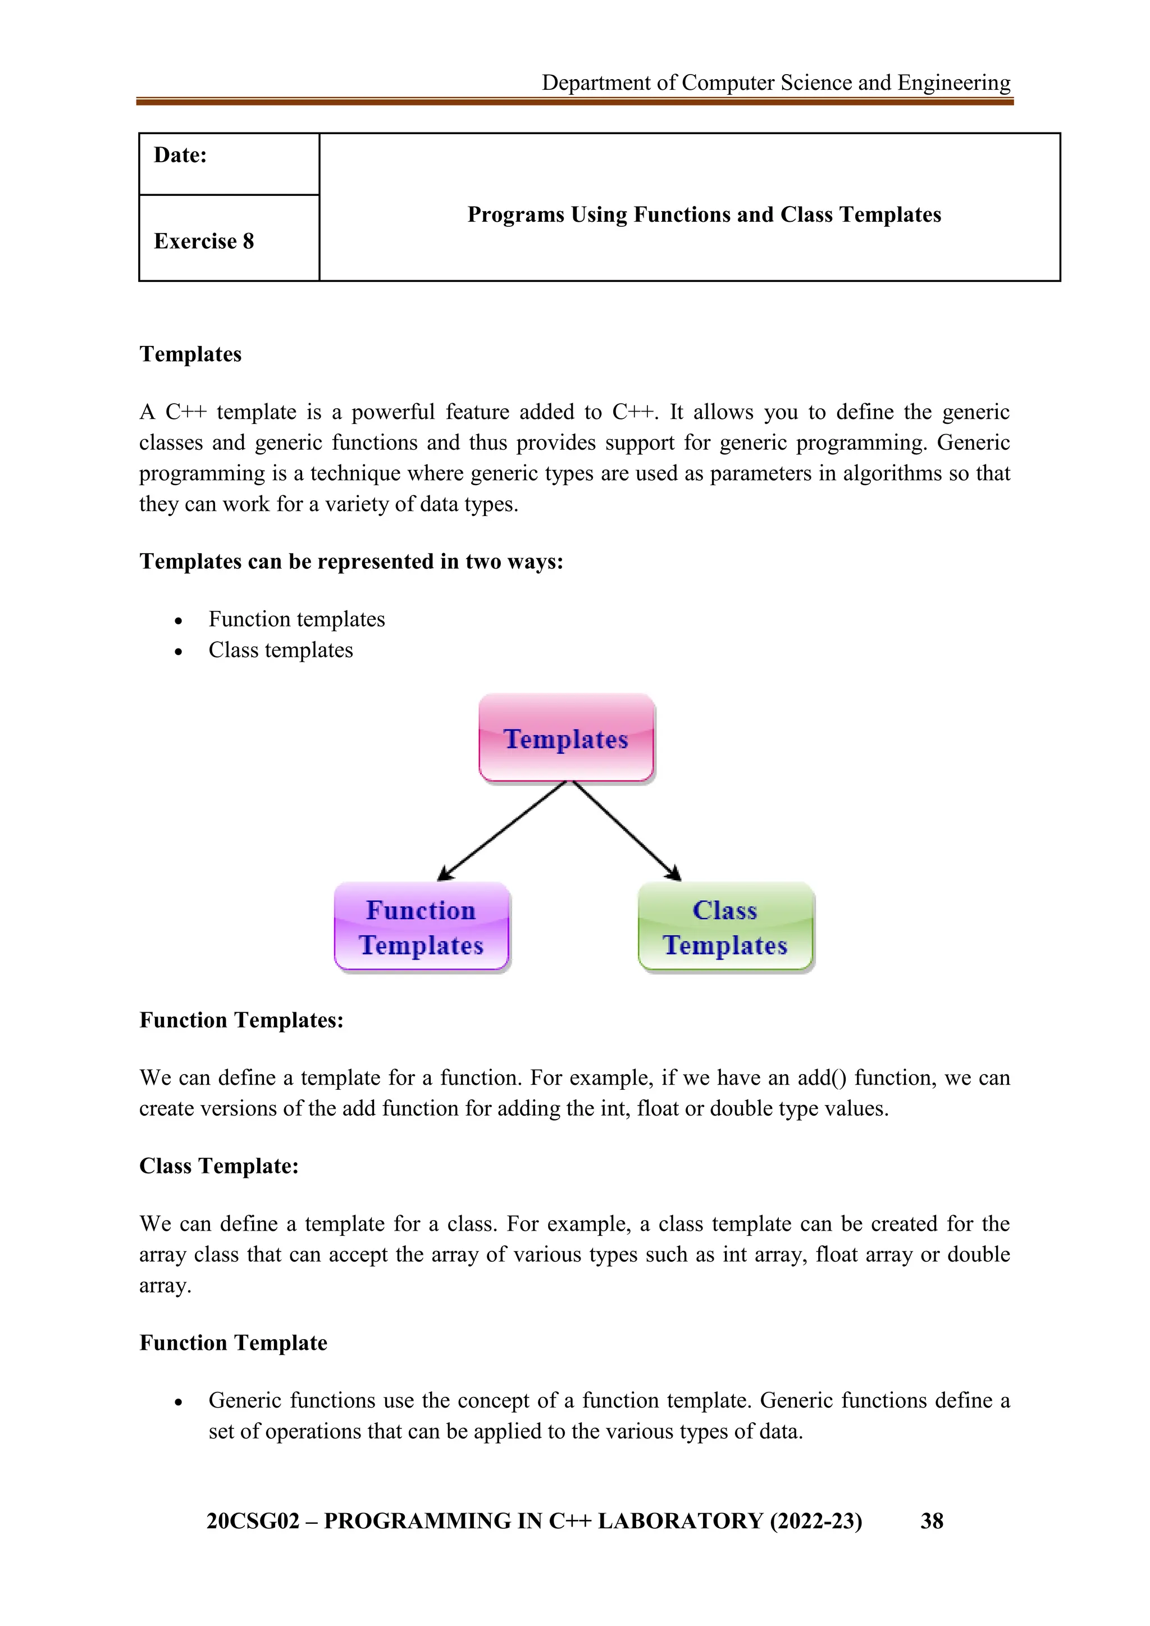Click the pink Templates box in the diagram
coord(566,738)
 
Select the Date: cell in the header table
coord(181,155)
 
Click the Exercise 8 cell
coord(204,241)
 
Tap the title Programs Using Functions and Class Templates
coord(704,214)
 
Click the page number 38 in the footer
coord(931,1521)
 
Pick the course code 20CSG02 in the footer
coord(253,1521)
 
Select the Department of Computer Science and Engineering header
coord(775,83)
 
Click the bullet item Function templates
coord(296,619)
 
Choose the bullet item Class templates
coord(280,650)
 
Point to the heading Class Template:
coord(219,1166)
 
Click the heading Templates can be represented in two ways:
coord(351,561)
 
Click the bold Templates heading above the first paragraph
coord(190,354)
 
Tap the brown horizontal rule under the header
coord(574,102)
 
